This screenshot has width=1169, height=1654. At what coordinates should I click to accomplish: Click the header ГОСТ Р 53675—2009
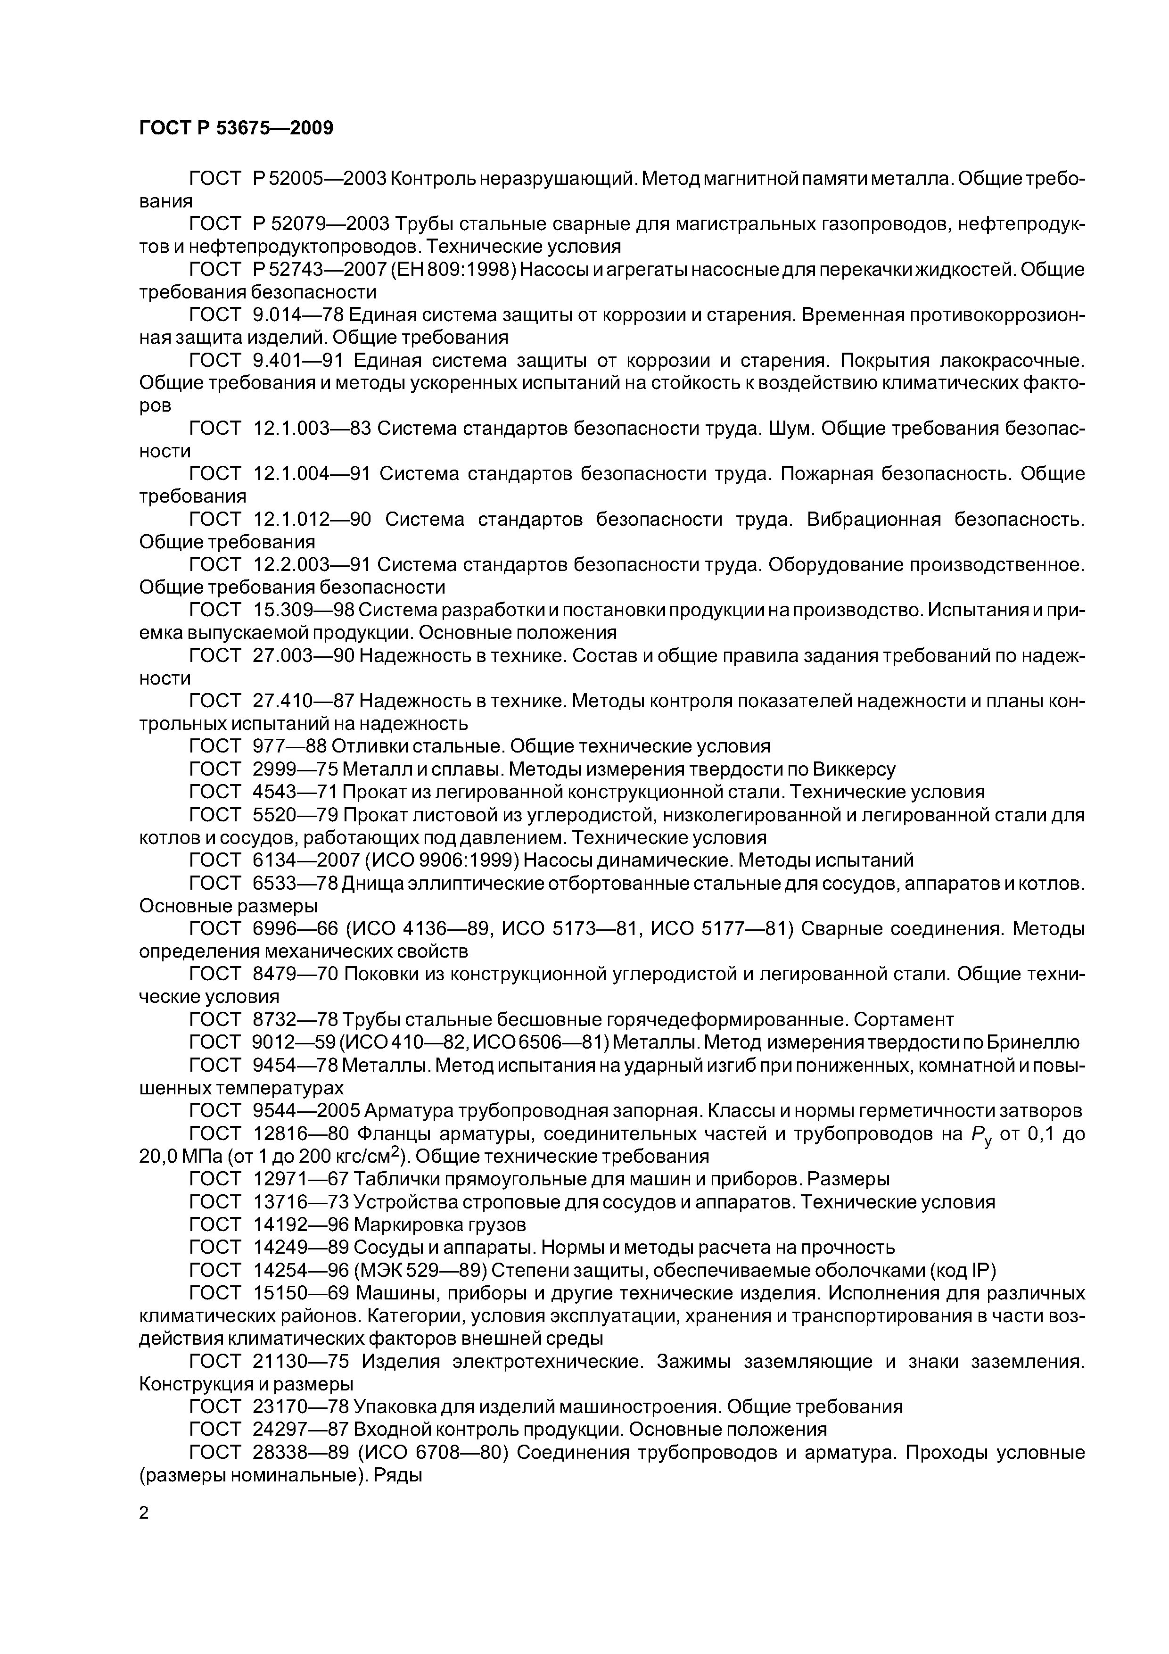[x=236, y=129]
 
